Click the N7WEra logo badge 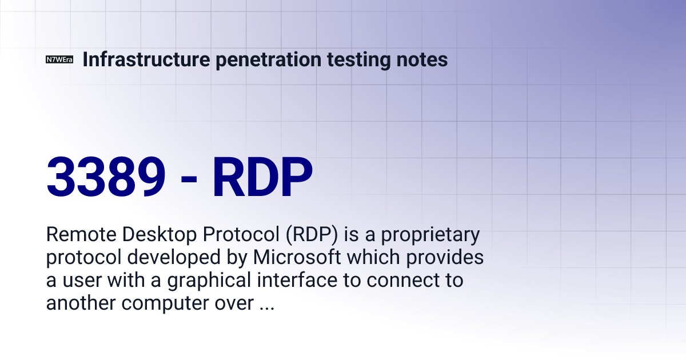59,59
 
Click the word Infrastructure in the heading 146,59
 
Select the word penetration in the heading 269,59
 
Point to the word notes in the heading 422,60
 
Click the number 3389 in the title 106,177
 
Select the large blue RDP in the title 262,177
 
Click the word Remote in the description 81,234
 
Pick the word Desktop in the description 159,235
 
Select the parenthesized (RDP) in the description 312,235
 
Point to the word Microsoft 297,257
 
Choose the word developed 174,258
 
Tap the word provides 445,257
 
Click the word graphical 209,281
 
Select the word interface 297,280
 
